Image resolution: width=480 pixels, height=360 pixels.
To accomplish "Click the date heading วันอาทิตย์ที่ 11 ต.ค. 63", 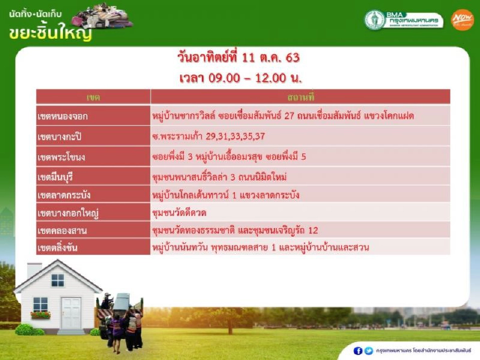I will [x=238, y=58].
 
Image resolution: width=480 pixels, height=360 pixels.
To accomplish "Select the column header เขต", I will [x=93, y=97].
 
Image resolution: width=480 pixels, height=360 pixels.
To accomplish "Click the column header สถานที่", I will [x=300, y=97].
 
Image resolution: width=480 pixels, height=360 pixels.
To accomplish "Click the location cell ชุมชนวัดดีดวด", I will [x=179, y=213].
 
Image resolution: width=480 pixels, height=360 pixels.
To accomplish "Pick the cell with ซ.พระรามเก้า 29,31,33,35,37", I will [x=208, y=136].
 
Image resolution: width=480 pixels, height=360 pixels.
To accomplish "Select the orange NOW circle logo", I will [x=462, y=20].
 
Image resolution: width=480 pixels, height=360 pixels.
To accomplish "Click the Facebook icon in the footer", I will [x=357, y=350].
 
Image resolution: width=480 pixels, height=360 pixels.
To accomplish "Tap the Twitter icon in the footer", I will [x=368, y=350].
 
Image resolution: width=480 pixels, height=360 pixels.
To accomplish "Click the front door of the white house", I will [x=70, y=313].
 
